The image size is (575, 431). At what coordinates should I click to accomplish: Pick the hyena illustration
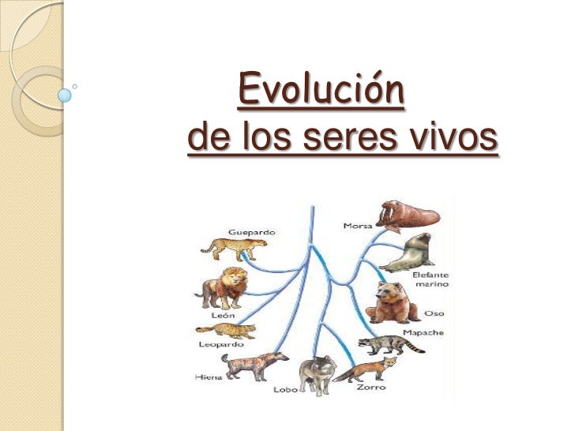click(x=248, y=365)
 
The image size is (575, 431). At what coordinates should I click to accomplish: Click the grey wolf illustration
click(x=318, y=374)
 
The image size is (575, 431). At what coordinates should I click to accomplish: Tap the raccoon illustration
click(x=381, y=345)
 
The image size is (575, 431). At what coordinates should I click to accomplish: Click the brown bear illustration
click(x=393, y=302)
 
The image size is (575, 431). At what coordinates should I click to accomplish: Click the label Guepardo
click(x=251, y=232)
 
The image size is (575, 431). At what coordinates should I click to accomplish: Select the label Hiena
click(x=208, y=377)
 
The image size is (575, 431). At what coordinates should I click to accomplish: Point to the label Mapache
click(x=424, y=332)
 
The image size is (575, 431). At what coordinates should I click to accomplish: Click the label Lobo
click(x=285, y=388)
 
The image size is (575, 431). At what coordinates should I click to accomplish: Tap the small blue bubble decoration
click(x=65, y=95)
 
